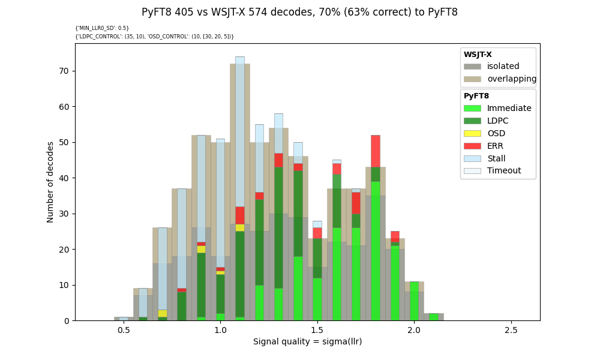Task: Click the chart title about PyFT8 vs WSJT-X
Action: (x=299, y=12)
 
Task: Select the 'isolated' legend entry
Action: (x=503, y=67)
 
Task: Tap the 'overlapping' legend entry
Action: (x=511, y=79)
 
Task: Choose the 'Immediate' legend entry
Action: (x=509, y=109)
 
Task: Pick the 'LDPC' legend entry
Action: (x=497, y=121)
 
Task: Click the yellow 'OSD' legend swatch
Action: (x=472, y=134)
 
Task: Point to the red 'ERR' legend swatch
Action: (x=472, y=146)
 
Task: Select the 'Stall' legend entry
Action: (x=496, y=159)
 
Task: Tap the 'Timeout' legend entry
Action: (x=503, y=171)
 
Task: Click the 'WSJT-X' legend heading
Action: (x=478, y=55)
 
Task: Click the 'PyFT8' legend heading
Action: (x=476, y=96)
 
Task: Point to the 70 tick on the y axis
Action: (x=64, y=71)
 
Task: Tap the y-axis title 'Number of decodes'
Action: (x=50, y=182)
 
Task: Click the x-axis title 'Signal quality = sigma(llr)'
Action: (x=307, y=342)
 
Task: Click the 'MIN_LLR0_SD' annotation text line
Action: (x=102, y=28)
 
